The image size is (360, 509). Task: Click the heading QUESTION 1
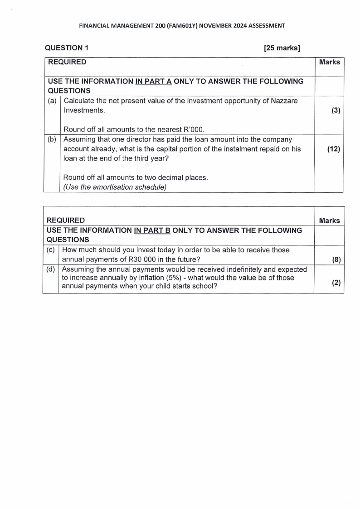pyautogui.click(x=63, y=48)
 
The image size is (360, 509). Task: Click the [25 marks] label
pyautogui.click(x=282, y=48)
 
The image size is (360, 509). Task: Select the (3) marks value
pyautogui.click(x=336, y=110)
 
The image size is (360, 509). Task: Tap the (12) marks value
pyautogui.click(x=334, y=148)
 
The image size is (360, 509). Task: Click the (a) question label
pyautogui.click(x=52, y=101)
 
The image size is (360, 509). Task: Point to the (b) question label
pyautogui.click(x=52, y=139)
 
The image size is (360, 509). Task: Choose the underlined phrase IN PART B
pyautogui.click(x=152, y=230)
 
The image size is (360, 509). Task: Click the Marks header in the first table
pyautogui.click(x=329, y=62)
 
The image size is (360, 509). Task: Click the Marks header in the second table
pyautogui.click(x=329, y=220)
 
